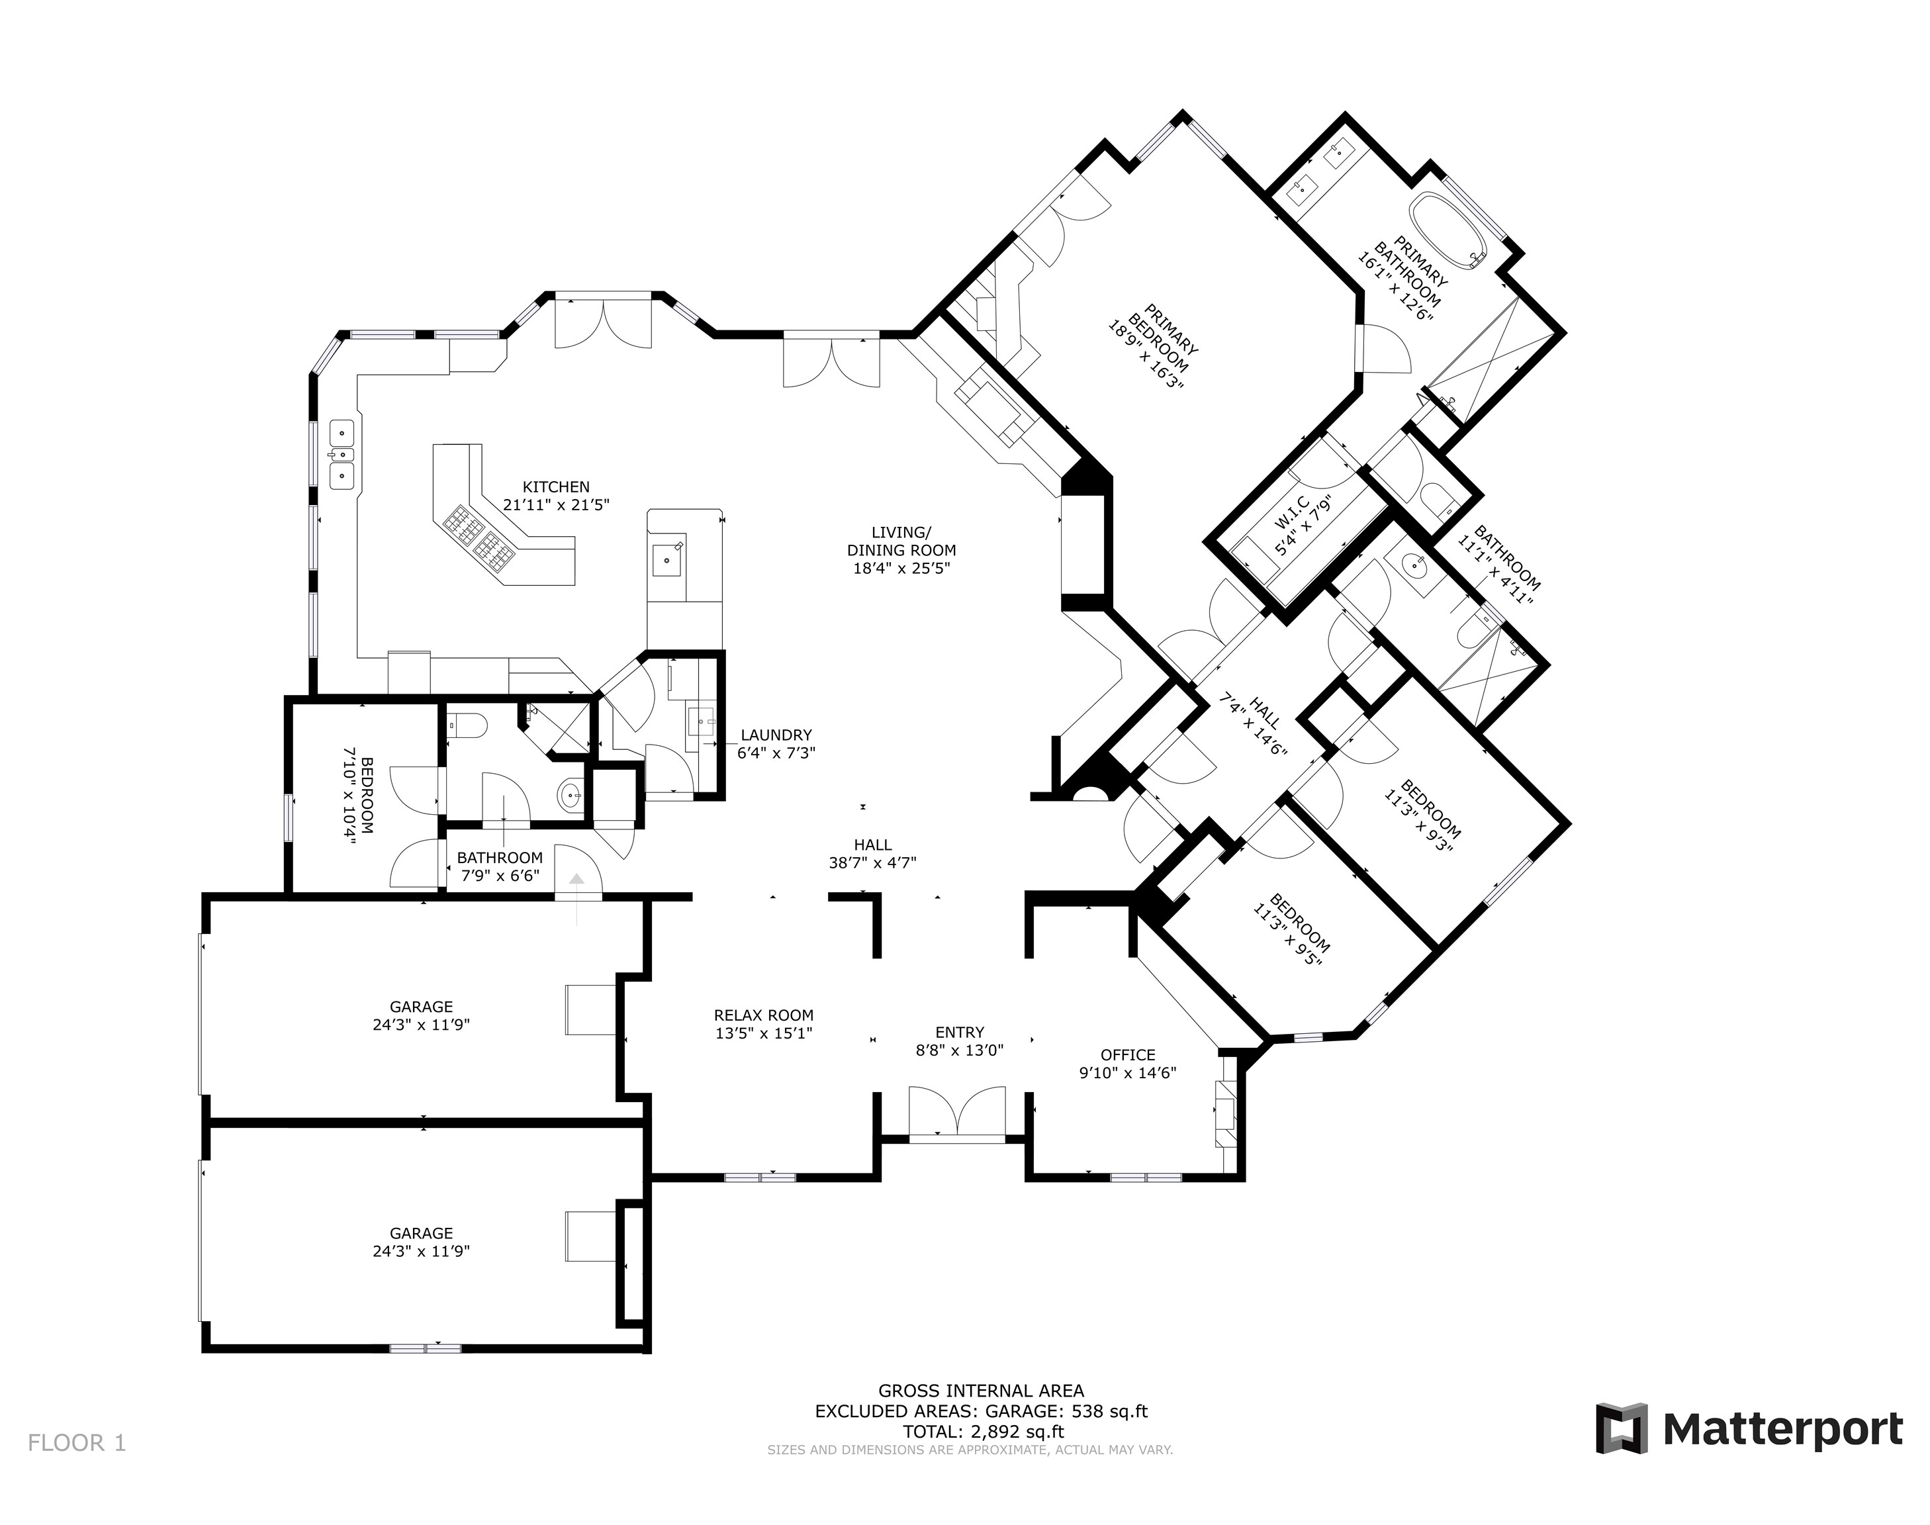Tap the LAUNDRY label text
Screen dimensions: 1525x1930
click(775, 735)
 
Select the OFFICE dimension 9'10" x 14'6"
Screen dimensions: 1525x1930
click(1127, 1073)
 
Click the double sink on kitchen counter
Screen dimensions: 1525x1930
click(342, 455)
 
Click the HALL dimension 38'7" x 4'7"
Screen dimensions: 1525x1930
click(872, 862)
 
